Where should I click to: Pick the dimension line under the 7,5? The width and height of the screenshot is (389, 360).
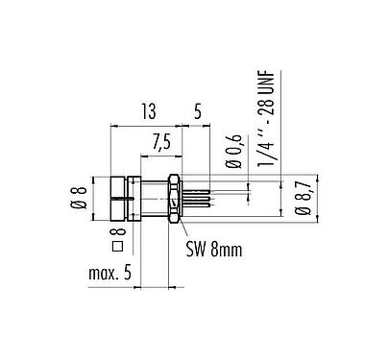point(155,156)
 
